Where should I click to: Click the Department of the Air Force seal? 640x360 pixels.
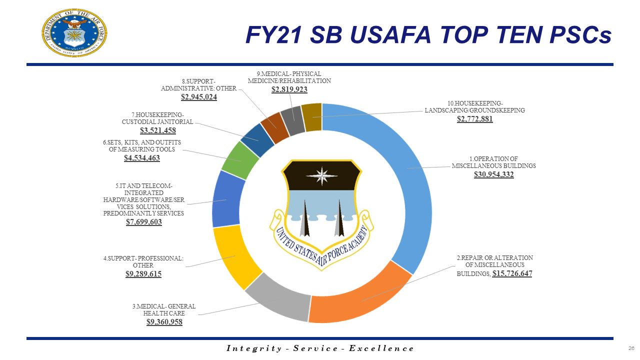[74, 32]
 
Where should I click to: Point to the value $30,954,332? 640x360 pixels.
[493, 174]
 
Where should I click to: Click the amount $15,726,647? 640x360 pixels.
[512, 273]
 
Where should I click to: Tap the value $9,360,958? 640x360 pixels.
[164, 322]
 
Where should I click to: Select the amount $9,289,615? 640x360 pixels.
[143, 274]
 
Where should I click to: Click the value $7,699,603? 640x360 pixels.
[143, 221]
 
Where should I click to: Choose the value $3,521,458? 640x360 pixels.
[157, 130]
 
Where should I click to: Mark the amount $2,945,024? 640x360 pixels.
[198, 96]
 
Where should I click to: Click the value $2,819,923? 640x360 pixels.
[289, 89]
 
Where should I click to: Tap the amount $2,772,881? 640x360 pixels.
[474, 119]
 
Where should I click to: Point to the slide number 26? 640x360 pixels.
[631, 348]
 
